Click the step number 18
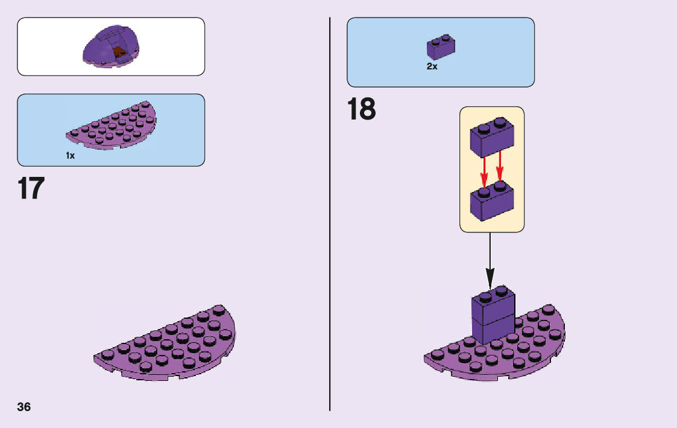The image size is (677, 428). click(361, 110)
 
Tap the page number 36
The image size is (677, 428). click(24, 406)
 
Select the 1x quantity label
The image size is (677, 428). click(70, 156)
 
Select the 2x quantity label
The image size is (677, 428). click(432, 66)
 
